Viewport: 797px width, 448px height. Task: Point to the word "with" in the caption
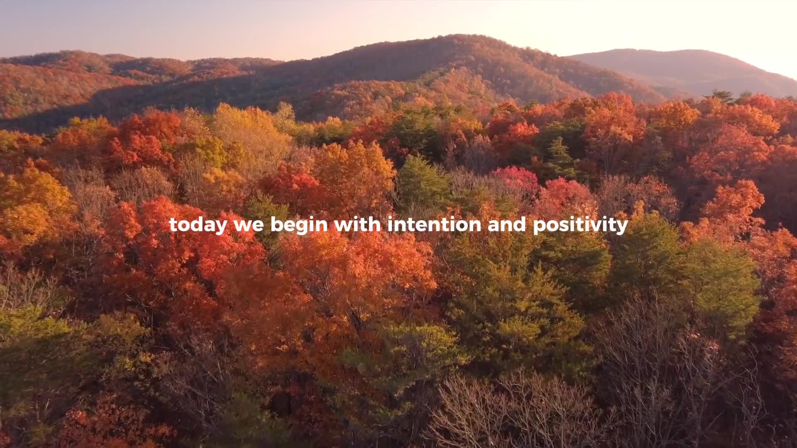(357, 224)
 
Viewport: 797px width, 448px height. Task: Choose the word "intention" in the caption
(434, 224)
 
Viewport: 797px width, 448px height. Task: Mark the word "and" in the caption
(507, 224)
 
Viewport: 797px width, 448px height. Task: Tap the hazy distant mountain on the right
(689, 66)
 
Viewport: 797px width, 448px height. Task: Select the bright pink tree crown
(516, 177)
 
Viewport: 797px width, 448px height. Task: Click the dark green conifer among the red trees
(560, 158)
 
